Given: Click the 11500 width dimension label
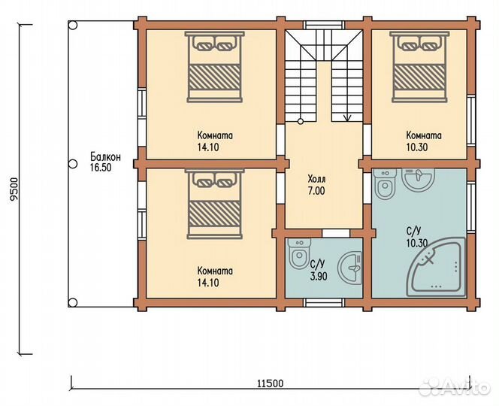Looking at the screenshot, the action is point(270,383).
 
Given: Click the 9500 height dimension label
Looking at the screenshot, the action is point(14,189).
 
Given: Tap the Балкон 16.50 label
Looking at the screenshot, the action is point(105,162).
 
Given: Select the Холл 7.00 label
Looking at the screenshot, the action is point(316,185).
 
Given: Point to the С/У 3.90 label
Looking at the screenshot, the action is point(318,271).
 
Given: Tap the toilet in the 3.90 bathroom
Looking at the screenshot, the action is point(299,253).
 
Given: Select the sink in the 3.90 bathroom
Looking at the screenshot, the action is point(350,268).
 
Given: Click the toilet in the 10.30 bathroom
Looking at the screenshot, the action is point(385,184).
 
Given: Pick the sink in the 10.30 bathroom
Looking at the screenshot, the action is point(418,179).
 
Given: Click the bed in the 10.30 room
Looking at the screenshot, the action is point(419,67).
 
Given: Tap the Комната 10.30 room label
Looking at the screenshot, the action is point(424,141).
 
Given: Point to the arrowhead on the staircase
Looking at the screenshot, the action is point(347,118).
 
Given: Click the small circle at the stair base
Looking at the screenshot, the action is point(301,121).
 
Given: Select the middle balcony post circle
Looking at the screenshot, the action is point(73,164).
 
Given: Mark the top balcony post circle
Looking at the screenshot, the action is point(73,26).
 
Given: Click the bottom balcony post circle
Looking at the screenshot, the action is point(73,302).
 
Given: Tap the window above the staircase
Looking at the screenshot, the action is point(324,25).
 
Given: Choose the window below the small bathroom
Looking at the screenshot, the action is point(324,302).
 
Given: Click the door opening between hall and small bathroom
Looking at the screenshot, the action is point(336,233).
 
